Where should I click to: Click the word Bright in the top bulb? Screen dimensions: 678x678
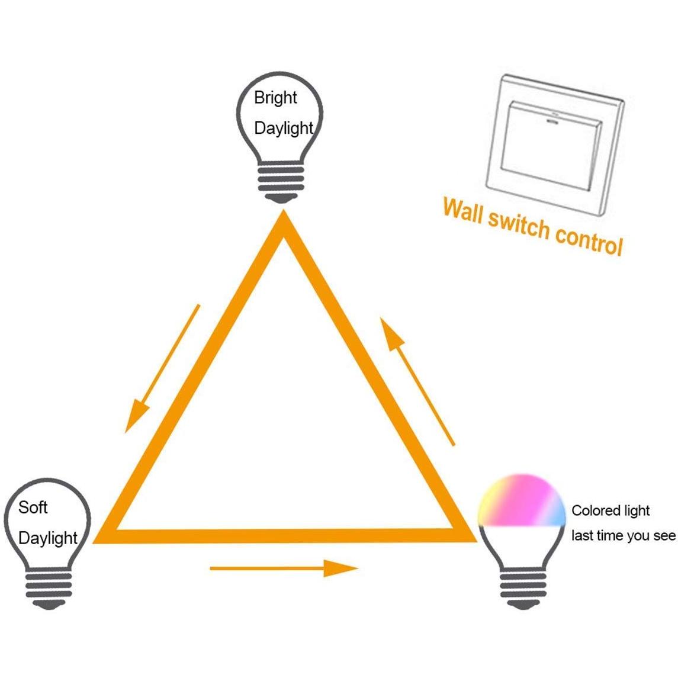coord(275,98)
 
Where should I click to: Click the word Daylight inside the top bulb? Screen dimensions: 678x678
coord(284,128)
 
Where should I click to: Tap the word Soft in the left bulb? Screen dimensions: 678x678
coord(33,507)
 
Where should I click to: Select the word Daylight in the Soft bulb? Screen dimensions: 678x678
coord(48,538)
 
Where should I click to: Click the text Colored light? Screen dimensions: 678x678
coord(610,510)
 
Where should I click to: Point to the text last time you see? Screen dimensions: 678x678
coord(624,536)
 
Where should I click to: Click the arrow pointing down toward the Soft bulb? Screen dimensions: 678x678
coord(162,368)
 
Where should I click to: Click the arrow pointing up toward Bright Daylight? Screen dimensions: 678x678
coord(417,381)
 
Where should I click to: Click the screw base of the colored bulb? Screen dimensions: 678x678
coord(523,589)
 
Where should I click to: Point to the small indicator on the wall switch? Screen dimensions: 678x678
coord(552,122)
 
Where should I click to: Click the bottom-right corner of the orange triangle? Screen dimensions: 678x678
coord(475,541)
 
